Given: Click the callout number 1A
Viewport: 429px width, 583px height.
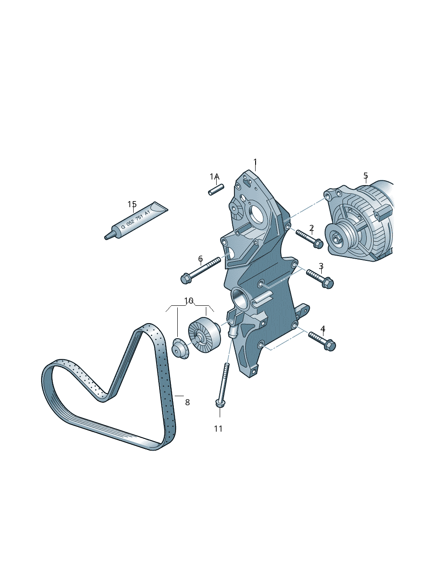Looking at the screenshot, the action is pyautogui.click(x=215, y=177).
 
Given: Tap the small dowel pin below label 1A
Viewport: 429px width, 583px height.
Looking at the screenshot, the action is pyautogui.click(x=216, y=189).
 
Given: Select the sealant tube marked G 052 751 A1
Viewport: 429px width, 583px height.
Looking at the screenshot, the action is pyautogui.click(x=136, y=221).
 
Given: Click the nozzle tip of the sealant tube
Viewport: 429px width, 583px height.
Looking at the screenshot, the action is pyautogui.click(x=106, y=237).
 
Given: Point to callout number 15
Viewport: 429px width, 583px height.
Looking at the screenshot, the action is pyautogui.click(x=132, y=204).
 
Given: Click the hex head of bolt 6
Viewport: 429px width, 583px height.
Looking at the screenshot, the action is pyautogui.click(x=186, y=279).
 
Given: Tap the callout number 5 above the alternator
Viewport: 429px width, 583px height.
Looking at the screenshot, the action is pyautogui.click(x=366, y=176).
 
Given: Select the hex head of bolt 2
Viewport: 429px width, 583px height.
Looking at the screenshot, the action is pyautogui.click(x=318, y=244).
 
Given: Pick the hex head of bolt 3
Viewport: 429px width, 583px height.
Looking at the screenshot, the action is pyautogui.click(x=328, y=283).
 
